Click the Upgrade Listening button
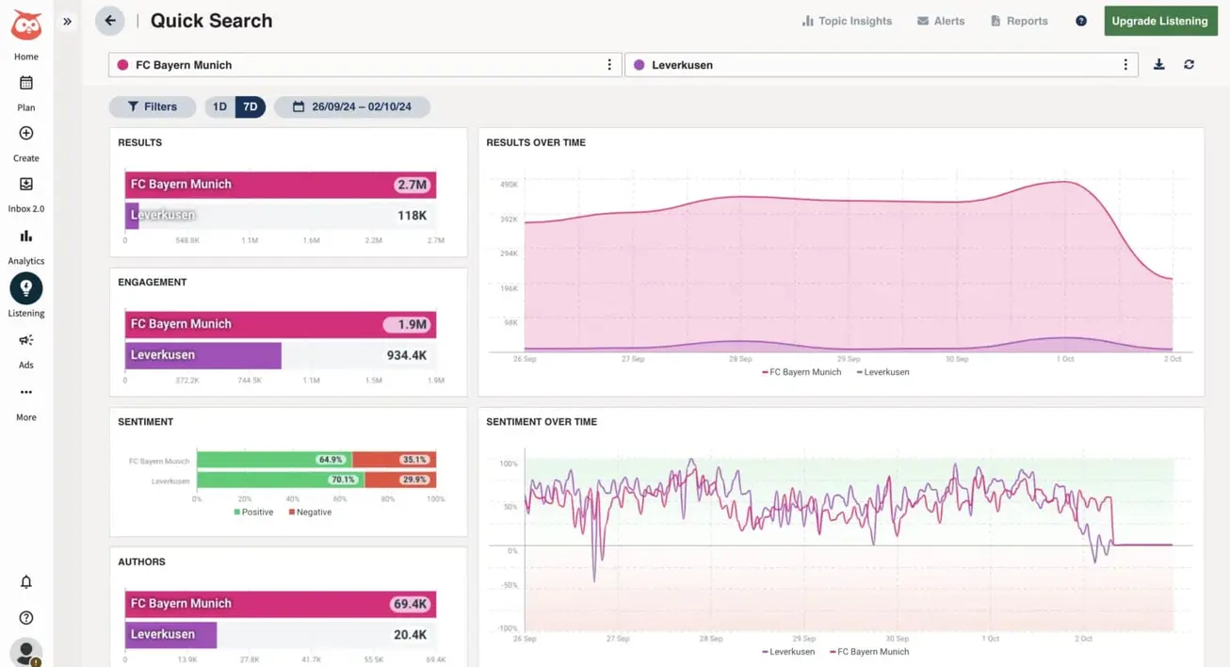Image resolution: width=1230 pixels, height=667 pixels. [1159, 21]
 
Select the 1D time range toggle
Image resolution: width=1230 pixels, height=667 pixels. [219, 106]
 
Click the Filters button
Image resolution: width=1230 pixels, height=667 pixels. [153, 106]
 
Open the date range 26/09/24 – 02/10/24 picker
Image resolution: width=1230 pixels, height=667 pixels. [352, 106]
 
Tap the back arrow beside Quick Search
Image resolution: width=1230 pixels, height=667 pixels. [110, 21]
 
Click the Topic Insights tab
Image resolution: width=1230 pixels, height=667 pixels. [847, 21]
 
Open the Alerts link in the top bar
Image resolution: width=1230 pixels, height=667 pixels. [941, 21]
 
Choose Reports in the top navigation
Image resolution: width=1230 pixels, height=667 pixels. [1019, 21]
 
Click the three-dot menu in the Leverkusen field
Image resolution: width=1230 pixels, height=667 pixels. [1125, 65]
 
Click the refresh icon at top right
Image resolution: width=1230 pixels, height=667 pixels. [1190, 64]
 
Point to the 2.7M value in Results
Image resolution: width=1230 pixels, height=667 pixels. [412, 185]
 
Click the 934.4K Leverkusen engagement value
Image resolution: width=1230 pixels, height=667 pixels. [407, 355]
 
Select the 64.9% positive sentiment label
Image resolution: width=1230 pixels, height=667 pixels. [331, 460]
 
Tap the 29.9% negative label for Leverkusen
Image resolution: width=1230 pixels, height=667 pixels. [414, 480]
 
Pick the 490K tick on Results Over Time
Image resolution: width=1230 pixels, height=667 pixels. [509, 185]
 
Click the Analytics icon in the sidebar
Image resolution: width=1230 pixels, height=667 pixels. [26, 236]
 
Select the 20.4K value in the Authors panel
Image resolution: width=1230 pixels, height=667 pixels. [410, 635]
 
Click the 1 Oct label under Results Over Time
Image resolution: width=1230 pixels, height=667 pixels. [1064, 359]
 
